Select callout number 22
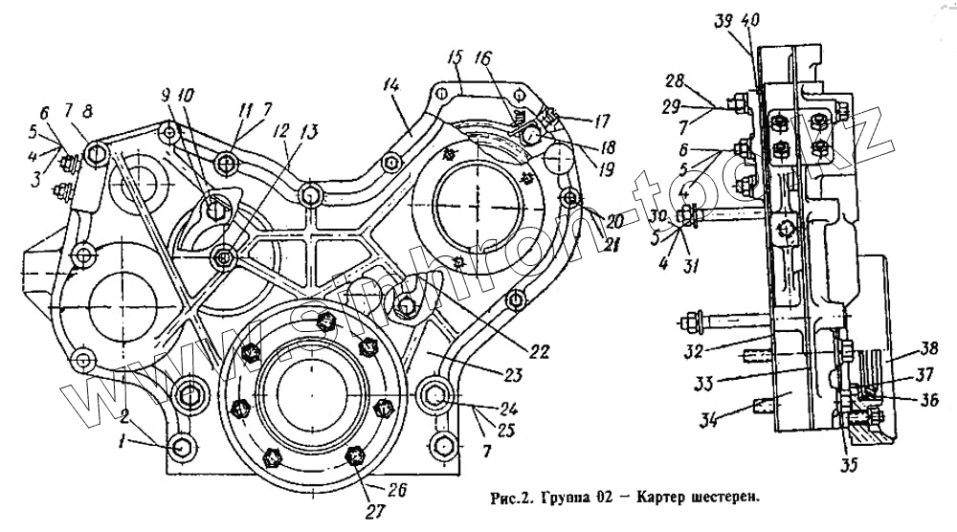539,352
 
